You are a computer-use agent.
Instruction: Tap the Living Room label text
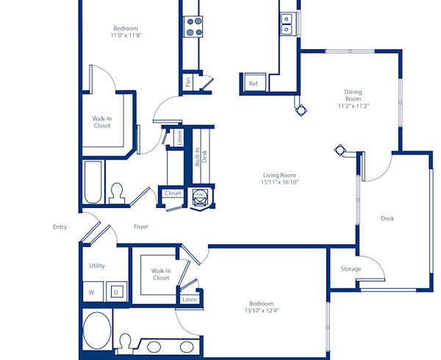pos(279,175)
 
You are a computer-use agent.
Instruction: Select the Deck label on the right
pos(387,218)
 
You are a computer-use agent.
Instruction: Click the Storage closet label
pos(351,269)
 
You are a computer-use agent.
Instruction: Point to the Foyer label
pos(140,226)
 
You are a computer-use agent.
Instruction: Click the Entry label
pos(60,227)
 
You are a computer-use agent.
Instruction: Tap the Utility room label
pos(97,265)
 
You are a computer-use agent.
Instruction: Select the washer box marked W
pos(93,292)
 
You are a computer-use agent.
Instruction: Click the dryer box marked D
pos(116,292)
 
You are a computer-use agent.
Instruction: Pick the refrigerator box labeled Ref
pos(254,84)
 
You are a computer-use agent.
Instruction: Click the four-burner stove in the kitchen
pos(194,26)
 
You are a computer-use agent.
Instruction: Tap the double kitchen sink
pos(287,24)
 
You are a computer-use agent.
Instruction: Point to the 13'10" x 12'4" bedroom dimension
pos(261,310)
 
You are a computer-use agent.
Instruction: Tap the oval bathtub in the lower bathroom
pos(96,330)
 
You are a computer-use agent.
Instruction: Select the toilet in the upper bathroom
pos(116,192)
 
